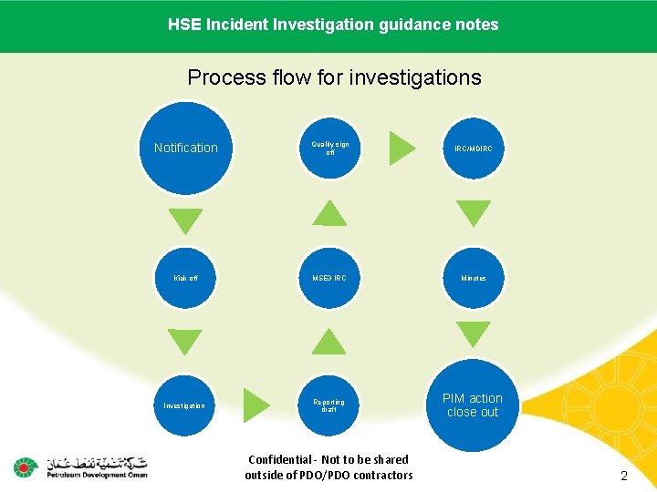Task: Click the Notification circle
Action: click(186, 148)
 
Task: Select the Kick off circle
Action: click(186, 278)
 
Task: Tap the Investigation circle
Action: click(184, 405)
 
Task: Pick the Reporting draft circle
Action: click(329, 405)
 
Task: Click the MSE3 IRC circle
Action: click(329, 278)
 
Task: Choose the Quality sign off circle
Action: click(329, 148)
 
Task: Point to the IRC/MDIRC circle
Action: click(474, 148)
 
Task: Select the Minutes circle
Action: click(474, 278)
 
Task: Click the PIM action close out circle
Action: click(473, 405)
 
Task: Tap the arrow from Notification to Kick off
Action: click(187, 220)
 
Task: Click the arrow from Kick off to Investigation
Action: click(187, 343)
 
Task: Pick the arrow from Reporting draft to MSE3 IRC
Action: click(329, 342)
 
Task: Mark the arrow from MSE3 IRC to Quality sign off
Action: click(329, 213)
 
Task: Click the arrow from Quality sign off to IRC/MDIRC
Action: click(401, 148)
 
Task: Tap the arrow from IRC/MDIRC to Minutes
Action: click(474, 213)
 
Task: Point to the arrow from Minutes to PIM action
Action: click(474, 334)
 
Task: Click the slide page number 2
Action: click(624, 476)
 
